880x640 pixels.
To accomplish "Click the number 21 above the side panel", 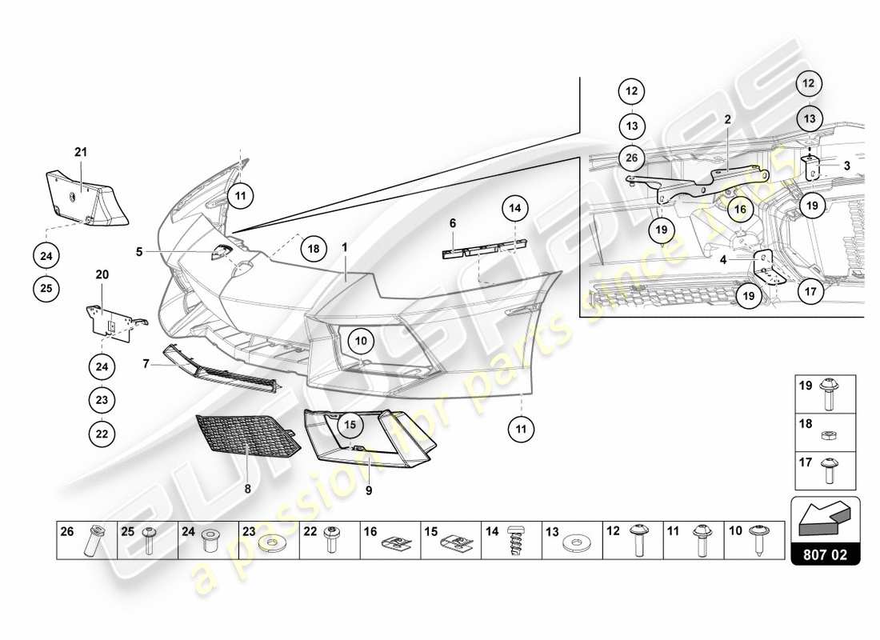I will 80,151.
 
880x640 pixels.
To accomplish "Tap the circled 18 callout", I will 314,249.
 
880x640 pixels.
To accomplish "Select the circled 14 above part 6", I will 516,209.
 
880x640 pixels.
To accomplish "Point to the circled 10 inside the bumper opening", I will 361,342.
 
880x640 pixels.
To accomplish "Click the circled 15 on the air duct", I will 349,424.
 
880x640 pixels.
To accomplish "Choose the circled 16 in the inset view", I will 740,210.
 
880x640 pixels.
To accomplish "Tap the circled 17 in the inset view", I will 810,291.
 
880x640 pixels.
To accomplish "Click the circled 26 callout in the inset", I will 631,158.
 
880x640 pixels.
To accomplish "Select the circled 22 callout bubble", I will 102,434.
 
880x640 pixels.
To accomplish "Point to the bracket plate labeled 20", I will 108,320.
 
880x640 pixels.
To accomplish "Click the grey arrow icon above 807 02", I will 825,517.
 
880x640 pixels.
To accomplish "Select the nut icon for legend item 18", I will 830,436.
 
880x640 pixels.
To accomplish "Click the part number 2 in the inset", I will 727,119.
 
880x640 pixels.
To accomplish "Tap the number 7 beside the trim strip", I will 146,364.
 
